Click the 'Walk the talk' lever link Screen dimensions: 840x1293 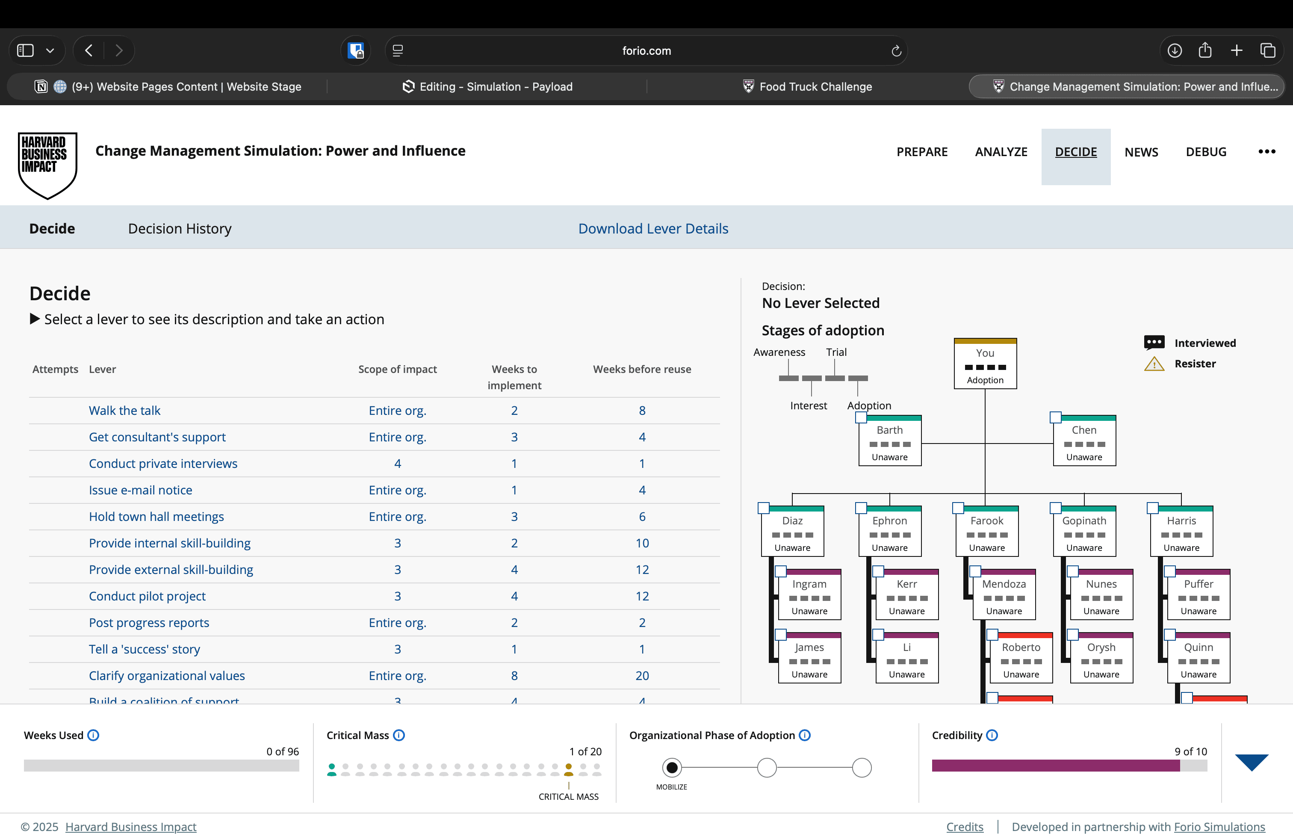tap(124, 411)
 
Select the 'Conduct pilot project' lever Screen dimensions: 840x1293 tap(147, 596)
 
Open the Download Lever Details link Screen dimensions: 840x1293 tap(653, 228)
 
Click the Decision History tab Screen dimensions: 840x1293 tap(180, 228)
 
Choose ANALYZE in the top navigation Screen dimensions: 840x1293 tap(1001, 152)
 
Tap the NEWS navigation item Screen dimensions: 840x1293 tap(1141, 152)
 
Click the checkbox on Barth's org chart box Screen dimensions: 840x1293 tap(861, 418)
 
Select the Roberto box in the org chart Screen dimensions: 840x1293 tap(1021, 658)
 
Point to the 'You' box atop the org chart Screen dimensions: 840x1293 tap(985, 364)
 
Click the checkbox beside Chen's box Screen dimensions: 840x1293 tap(1056, 418)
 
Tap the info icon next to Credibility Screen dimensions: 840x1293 tap(992, 735)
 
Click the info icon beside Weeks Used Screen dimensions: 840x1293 tap(94, 735)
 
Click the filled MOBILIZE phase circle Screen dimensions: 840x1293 tap(672, 768)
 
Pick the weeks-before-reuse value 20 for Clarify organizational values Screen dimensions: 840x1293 tap(642, 676)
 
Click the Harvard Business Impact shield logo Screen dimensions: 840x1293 tap(47, 165)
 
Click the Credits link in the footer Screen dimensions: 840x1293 tap(964, 827)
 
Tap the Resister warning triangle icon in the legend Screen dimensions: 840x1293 tap(1154, 364)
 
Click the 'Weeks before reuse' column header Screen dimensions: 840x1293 tap(642, 370)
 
